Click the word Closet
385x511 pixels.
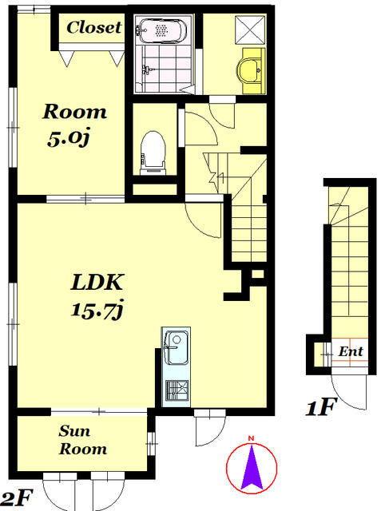94,27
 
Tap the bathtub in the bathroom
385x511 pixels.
161,30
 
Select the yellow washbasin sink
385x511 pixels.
250,70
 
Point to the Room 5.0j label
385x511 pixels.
74,125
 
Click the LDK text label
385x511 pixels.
97,282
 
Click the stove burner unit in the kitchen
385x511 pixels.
177,390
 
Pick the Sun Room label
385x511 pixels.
83,440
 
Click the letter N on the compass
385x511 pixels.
251,438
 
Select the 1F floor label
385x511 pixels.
320,407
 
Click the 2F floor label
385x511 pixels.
16,498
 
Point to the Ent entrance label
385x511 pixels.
351,351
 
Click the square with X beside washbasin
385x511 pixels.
250,30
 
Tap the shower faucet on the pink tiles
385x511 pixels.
147,69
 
